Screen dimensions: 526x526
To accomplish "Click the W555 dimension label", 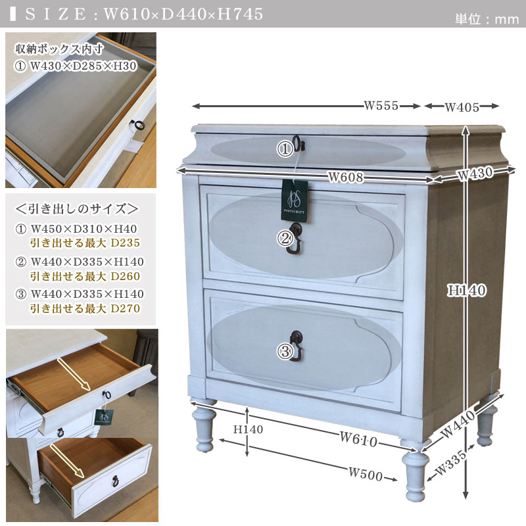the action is [381, 106].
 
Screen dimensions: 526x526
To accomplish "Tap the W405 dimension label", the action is [462, 107].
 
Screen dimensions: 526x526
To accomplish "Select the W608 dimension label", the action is [346, 177].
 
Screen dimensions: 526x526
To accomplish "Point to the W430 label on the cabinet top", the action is [475, 174].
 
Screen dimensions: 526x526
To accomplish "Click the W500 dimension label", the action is [366, 473].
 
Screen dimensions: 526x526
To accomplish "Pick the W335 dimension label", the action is [450, 462].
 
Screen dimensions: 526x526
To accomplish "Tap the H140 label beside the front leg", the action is [249, 429].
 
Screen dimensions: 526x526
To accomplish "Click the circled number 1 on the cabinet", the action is [285, 149].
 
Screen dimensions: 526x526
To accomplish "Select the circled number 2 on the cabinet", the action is [285, 239].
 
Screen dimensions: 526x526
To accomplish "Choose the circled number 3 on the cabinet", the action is [285, 352].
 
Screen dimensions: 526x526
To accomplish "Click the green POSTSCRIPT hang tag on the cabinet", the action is [295, 201].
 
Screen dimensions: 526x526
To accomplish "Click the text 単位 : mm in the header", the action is [487, 19].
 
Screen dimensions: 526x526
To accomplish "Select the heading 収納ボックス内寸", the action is [59, 49].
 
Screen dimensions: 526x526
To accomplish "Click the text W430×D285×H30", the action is [84, 66].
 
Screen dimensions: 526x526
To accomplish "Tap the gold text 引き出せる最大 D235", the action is [85, 243].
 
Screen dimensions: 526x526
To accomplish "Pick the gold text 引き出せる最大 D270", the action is [85, 308].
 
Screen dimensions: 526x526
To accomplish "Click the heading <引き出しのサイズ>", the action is [77, 209].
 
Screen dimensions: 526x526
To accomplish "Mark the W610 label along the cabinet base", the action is [358, 439].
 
